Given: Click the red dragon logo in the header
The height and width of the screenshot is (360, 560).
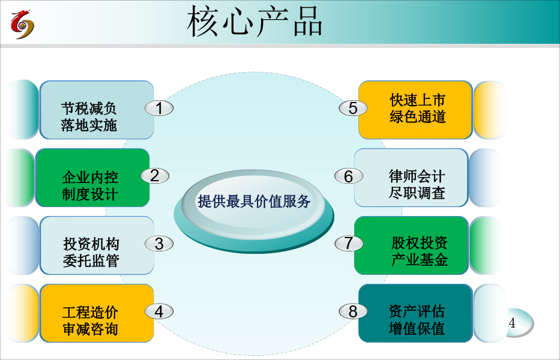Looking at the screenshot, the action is coord(22,24).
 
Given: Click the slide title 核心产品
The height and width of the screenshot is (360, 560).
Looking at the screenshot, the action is coord(254,22).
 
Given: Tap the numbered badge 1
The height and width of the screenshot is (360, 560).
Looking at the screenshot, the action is coord(159,108).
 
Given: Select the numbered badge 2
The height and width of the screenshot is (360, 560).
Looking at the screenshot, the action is coord(155,176).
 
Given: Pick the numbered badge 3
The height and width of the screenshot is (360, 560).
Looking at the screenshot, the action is coord(159,244).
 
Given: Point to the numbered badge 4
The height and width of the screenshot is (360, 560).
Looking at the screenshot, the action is coord(159,311).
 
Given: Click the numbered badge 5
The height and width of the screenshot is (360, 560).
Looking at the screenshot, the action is coord(353,108).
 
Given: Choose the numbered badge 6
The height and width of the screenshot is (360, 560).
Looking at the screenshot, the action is coord(349,176).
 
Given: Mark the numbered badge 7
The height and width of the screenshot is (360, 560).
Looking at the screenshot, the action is coord(349,244).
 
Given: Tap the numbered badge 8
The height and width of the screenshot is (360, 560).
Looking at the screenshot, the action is coord(353,311).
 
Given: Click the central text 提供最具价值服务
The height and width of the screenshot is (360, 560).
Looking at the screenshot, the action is coord(254,202).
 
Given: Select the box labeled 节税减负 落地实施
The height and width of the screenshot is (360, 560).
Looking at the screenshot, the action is coord(97,110).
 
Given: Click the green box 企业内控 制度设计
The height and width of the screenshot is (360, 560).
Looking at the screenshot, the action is coord(92,178).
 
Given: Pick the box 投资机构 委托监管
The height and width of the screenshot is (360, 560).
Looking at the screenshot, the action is coord(97,245).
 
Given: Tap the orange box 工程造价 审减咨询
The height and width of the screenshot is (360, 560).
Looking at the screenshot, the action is coord(97,313).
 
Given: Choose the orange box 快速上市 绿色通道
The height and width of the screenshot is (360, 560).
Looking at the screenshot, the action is coord(415,110).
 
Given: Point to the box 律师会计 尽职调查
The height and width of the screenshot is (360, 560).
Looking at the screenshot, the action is coord(411,178).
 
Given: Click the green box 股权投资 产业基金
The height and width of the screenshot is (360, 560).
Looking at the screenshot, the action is coord(411,245).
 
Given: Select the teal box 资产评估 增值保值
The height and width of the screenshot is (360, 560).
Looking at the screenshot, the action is coord(415,313).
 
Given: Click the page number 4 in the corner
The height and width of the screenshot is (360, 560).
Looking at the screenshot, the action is coord(512,323).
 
